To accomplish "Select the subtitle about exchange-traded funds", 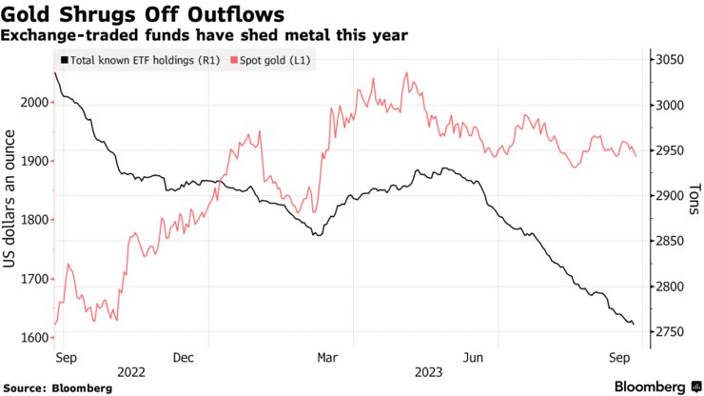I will (205, 35).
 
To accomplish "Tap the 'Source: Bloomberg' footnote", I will (58, 387).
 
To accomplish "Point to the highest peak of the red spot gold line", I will (406, 72).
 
